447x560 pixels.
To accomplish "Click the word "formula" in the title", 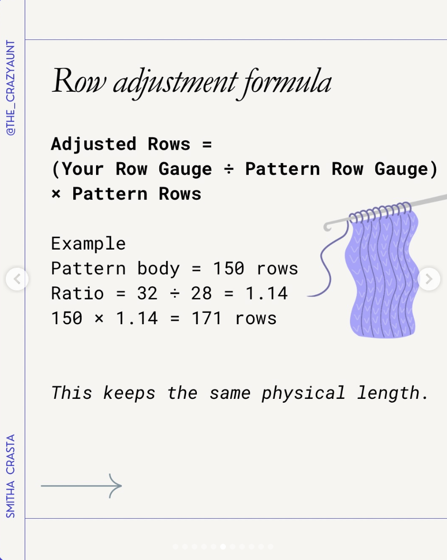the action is click(x=287, y=83).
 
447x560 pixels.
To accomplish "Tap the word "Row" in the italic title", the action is click(x=79, y=81).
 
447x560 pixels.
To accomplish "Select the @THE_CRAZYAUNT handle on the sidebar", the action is click(x=11, y=88).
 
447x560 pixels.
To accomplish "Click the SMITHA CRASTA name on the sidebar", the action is click(x=11, y=476).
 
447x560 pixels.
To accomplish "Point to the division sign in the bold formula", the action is click(x=229, y=169).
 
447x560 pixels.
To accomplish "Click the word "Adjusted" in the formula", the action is click(x=94, y=144).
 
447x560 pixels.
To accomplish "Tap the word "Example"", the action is click(x=88, y=243).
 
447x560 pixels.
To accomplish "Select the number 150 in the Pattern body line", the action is click(x=229, y=269).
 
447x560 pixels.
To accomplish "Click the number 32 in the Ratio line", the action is click(x=147, y=294).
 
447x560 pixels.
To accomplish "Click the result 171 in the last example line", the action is click(x=207, y=318).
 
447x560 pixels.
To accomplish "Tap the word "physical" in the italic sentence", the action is click(x=303, y=394).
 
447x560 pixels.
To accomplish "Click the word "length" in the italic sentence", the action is click(x=389, y=394).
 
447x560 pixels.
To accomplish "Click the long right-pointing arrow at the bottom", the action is click(x=81, y=486).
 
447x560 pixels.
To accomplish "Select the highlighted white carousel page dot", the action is click(x=223, y=546).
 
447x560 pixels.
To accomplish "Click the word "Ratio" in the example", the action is click(x=78, y=294).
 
